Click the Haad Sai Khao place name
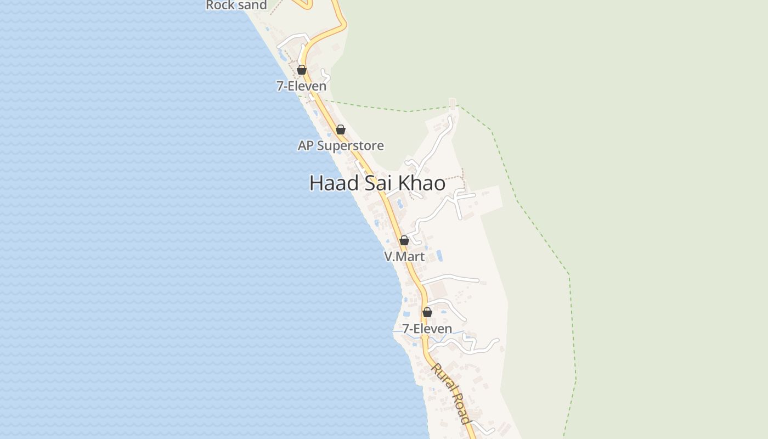[x=377, y=183]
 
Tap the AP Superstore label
[x=341, y=145]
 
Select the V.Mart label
[x=404, y=256]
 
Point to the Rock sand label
[x=236, y=5]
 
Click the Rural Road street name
[x=451, y=393]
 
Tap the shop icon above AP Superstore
[x=341, y=130]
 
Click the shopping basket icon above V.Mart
[x=404, y=240]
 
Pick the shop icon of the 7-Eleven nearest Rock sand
[x=302, y=70]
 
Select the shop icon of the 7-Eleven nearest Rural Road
[x=427, y=312]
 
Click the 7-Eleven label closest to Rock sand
[x=301, y=86]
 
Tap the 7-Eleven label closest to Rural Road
[x=427, y=329]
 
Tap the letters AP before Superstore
[x=306, y=145]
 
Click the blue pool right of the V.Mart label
[x=439, y=255]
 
